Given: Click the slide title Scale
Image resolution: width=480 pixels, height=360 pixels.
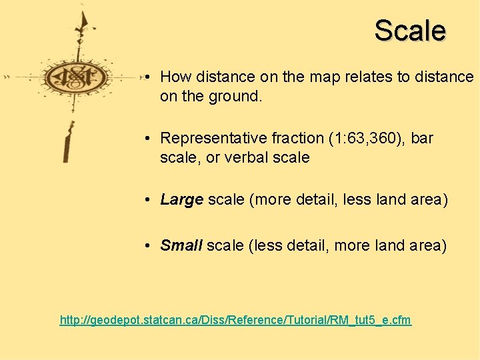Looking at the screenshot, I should tap(409, 31).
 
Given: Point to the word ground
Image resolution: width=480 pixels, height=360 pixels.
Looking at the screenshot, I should tap(237, 97).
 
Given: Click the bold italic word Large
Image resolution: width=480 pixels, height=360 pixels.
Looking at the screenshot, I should tap(181, 201).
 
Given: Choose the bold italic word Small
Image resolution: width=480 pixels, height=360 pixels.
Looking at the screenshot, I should tap(181, 246).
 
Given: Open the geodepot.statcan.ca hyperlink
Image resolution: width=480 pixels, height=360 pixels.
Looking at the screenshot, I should tap(235, 321).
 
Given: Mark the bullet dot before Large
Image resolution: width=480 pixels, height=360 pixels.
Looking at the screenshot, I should tap(145, 201).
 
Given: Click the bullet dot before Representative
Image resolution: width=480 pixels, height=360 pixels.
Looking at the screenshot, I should tap(145, 139).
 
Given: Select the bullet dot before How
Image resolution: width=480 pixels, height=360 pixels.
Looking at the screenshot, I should tap(145, 77).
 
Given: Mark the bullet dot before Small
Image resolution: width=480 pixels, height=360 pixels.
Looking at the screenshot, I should tap(145, 246).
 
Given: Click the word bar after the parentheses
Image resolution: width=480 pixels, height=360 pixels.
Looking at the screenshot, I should tap(422, 139).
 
